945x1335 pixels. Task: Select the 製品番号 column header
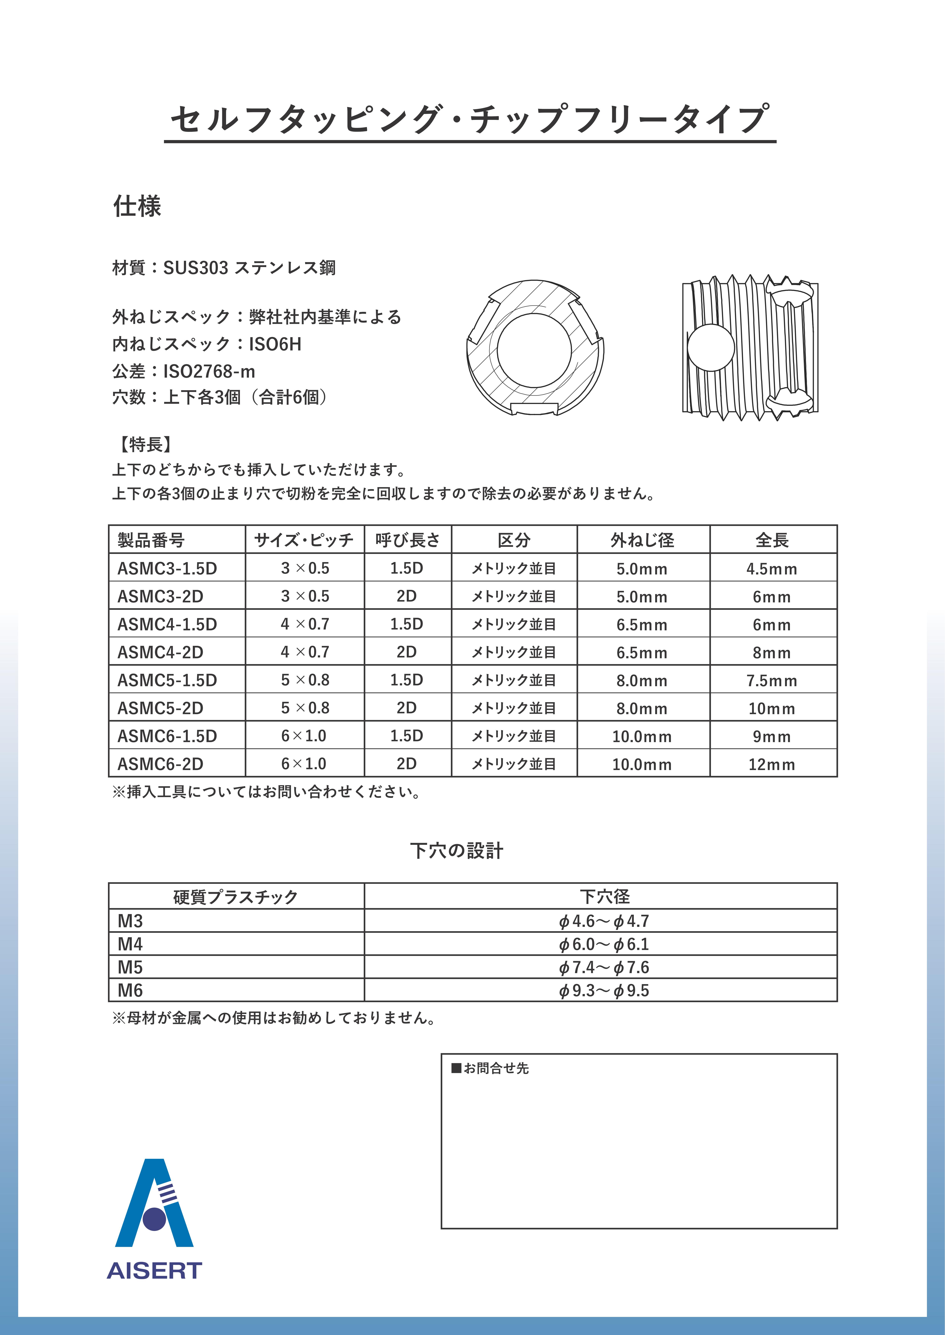coord(151,540)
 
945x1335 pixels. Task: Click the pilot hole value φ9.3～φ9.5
coord(604,990)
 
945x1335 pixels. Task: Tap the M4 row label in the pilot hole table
coord(130,944)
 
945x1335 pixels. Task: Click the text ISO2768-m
coord(209,371)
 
